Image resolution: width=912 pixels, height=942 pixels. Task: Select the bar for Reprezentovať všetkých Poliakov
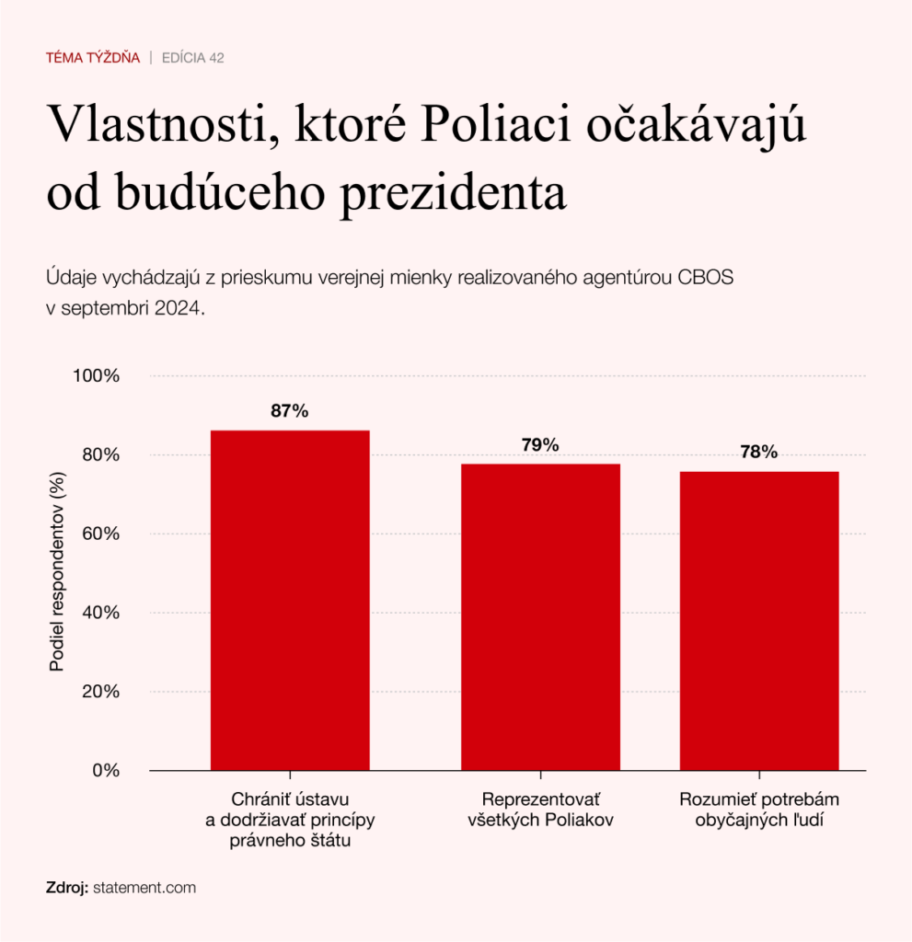[x=540, y=616]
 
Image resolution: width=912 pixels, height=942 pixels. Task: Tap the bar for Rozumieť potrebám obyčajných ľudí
[x=759, y=620]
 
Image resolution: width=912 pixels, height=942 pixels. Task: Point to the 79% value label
[x=540, y=445]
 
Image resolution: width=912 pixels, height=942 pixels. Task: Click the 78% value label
[x=759, y=452]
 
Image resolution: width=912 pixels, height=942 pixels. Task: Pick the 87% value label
[x=290, y=411]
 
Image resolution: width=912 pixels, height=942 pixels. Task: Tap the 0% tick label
[x=107, y=770]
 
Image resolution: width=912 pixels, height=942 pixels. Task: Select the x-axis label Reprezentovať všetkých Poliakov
[x=540, y=809]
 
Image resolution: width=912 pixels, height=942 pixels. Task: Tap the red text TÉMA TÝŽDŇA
[x=93, y=58]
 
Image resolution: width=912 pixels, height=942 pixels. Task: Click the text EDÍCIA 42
[x=193, y=58]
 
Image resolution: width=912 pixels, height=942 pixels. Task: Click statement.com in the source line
[x=144, y=888]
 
